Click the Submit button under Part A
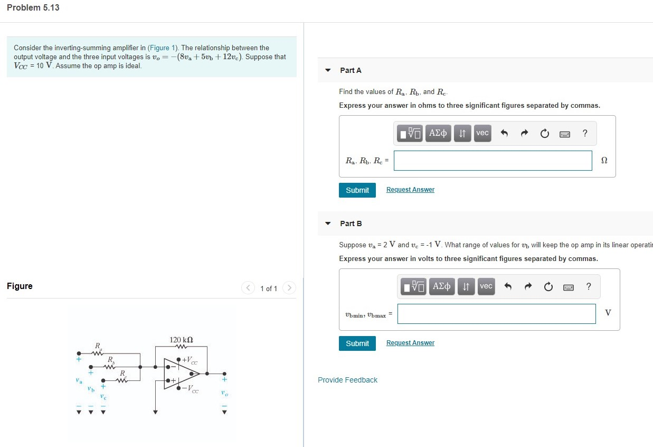357,190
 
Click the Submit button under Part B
357,343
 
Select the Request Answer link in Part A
410,190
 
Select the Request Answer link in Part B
410,343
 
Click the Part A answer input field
493,161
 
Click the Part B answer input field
496,314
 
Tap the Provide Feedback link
347,380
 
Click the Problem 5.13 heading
33,8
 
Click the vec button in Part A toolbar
482,133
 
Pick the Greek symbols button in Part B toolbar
442,286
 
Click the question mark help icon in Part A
585,133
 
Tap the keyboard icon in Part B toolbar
569,287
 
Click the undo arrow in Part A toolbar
504,134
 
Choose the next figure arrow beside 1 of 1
288,288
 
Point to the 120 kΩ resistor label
181,339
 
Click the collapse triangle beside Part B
328,224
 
